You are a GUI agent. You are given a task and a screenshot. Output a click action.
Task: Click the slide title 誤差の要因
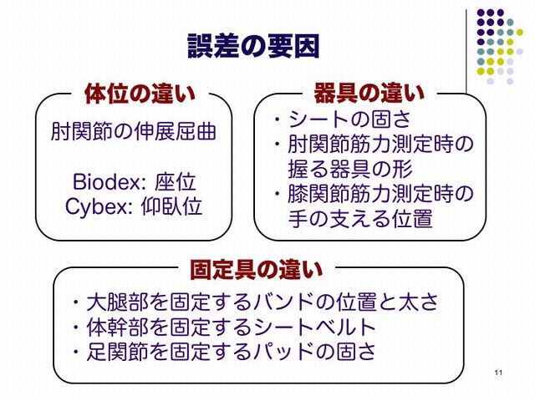point(253,46)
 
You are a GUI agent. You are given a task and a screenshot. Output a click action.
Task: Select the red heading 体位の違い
point(140,94)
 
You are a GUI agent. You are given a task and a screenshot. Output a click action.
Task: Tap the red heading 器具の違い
point(369,93)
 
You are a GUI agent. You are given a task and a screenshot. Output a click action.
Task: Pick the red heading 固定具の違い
point(256,269)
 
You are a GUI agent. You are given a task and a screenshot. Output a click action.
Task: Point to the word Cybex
point(96,206)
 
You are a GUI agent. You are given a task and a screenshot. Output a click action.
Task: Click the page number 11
point(498,373)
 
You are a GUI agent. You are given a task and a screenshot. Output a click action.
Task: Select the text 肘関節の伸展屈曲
point(134,131)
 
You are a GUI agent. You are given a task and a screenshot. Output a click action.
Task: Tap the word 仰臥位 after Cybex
point(171,206)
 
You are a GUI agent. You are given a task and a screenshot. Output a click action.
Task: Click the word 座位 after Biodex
point(176,182)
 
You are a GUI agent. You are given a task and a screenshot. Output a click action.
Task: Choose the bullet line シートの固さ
point(349,119)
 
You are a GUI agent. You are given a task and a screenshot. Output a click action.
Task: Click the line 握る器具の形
point(350,169)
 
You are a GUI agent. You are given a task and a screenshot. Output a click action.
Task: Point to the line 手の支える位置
point(360,218)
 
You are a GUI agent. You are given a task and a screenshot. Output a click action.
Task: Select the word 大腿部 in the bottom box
point(118,302)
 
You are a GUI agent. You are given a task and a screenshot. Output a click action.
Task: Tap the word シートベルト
point(314,327)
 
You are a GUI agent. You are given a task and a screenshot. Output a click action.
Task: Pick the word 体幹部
point(118,327)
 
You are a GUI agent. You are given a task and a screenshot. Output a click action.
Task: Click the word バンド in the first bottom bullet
point(283,302)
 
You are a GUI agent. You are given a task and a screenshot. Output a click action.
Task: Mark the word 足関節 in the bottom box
point(118,352)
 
